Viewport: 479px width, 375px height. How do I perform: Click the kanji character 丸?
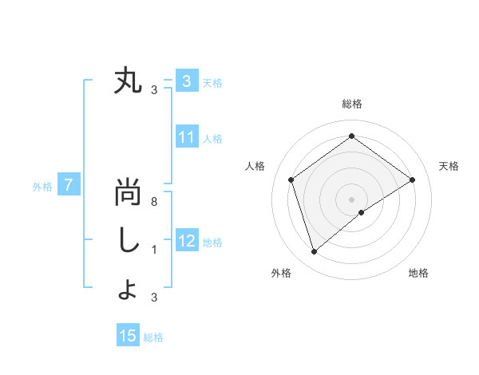[128, 81]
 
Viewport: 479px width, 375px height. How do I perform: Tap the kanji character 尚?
[128, 193]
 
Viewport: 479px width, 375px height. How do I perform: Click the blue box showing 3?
[186, 81]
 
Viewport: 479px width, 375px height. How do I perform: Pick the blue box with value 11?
[186, 137]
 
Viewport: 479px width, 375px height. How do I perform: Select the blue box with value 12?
[186, 241]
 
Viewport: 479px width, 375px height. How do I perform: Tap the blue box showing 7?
[69, 186]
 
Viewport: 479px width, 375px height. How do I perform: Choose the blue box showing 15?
[128, 336]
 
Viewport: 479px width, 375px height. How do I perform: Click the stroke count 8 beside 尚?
[154, 202]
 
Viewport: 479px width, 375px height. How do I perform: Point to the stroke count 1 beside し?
[154, 250]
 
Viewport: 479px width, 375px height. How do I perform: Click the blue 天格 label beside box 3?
[212, 82]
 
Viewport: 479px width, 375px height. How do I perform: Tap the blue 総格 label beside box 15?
[153, 337]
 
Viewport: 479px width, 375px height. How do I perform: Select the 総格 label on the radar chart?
[352, 104]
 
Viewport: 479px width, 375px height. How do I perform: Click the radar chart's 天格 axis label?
[449, 166]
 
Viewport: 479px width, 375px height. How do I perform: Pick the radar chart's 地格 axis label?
[418, 273]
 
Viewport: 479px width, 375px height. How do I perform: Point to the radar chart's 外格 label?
[281, 273]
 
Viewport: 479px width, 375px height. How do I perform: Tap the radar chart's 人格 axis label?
[255, 166]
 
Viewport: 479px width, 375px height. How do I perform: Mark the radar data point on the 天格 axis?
[413, 180]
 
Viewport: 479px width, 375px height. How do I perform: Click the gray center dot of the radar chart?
[352, 199]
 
